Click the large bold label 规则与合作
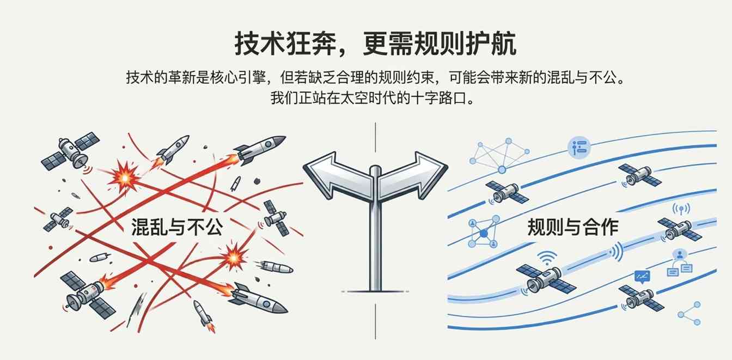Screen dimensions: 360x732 click(x=572, y=227)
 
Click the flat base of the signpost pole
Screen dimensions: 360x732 click(x=374, y=291)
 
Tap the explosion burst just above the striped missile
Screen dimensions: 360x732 click(x=235, y=254)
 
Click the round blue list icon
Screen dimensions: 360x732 click(x=578, y=147)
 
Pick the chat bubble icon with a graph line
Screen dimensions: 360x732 click(x=643, y=277)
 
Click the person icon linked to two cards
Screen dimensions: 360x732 click(x=679, y=261)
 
